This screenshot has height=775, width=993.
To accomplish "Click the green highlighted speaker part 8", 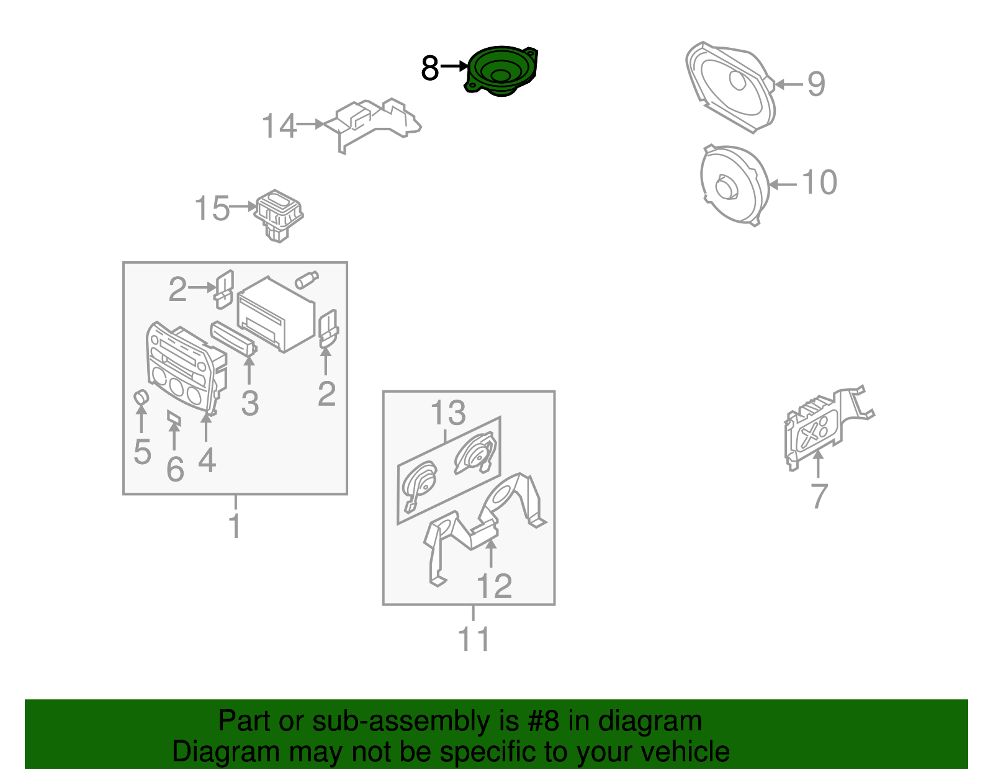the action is tap(501, 71).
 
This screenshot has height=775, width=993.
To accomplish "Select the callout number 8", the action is tap(429, 68).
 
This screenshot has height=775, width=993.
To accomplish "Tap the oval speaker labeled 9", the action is tap(730, 87).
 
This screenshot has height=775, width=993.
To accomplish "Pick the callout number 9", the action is tap(816, 84).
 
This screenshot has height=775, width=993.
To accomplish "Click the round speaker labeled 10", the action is tap(735, 184).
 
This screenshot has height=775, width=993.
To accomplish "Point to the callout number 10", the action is tap(819, 182).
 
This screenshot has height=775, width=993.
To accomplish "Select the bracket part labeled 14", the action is tap(372, 125).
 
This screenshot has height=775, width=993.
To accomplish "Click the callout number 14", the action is tap(279, 126).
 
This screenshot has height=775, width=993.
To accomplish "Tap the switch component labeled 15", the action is tap(279, 215).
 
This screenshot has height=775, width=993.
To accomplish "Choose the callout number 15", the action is tap(212, 208).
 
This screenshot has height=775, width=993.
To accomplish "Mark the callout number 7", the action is tap(819, 496).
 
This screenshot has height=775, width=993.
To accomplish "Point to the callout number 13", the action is tap(448, 413).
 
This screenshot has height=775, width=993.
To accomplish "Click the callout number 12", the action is tap(494, 586).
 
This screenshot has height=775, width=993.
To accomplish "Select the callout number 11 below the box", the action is tap(474, 639).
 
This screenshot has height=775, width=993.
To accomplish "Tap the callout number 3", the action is tap(250, 404).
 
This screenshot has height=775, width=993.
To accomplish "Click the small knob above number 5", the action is tap(142, 397).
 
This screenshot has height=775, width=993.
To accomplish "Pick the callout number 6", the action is tap(176, 469).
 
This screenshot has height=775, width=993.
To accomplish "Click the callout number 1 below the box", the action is tap(235, 526).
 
